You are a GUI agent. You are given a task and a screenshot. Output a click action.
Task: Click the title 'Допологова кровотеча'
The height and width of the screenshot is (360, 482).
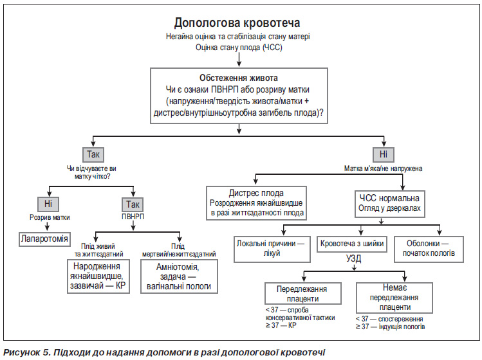[237, 23]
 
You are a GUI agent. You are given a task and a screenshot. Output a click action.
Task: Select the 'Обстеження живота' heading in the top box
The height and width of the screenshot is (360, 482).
[239, 78]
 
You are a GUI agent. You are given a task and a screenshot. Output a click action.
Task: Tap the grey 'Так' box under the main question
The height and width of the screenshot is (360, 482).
[93, 154]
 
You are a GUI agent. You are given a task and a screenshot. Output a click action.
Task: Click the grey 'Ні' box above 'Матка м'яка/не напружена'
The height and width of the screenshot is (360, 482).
[384, 154]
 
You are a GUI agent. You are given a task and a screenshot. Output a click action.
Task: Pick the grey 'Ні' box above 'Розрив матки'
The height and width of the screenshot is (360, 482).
[48, 204]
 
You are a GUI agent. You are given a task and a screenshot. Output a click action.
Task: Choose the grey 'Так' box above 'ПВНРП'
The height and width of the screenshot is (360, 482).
[133, 204]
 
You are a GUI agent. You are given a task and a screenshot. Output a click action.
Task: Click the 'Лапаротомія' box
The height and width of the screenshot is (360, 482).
[44, 239]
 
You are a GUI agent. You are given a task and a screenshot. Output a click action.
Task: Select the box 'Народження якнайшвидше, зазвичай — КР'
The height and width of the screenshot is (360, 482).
[98, 276]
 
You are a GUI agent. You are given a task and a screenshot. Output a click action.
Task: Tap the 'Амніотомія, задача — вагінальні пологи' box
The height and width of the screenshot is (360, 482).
[179, 276]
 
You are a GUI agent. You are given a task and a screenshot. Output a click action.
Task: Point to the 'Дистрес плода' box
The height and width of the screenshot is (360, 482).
[256, 203]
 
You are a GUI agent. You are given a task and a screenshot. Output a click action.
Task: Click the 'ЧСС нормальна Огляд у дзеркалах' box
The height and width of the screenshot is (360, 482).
[390, 204]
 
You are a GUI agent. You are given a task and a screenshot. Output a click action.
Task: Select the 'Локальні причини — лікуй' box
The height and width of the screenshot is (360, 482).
[272, 249]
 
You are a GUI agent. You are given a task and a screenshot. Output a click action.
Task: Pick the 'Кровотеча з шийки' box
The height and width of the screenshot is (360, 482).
[352, 244]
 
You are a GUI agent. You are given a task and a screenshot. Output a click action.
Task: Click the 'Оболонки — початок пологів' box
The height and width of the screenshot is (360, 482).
[429, 249]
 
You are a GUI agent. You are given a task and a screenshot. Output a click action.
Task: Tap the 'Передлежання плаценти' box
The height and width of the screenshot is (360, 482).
[303, 294]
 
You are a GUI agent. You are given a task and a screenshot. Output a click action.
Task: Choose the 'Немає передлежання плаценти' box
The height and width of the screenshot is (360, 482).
[394, 298]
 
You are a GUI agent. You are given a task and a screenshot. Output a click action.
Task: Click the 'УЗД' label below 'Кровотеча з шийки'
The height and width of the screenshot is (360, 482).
[354, 258]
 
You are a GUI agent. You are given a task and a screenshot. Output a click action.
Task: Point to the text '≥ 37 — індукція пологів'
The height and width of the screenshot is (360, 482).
[391, 327]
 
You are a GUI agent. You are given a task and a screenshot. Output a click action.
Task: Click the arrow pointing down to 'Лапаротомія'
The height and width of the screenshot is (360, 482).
[47, 226]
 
